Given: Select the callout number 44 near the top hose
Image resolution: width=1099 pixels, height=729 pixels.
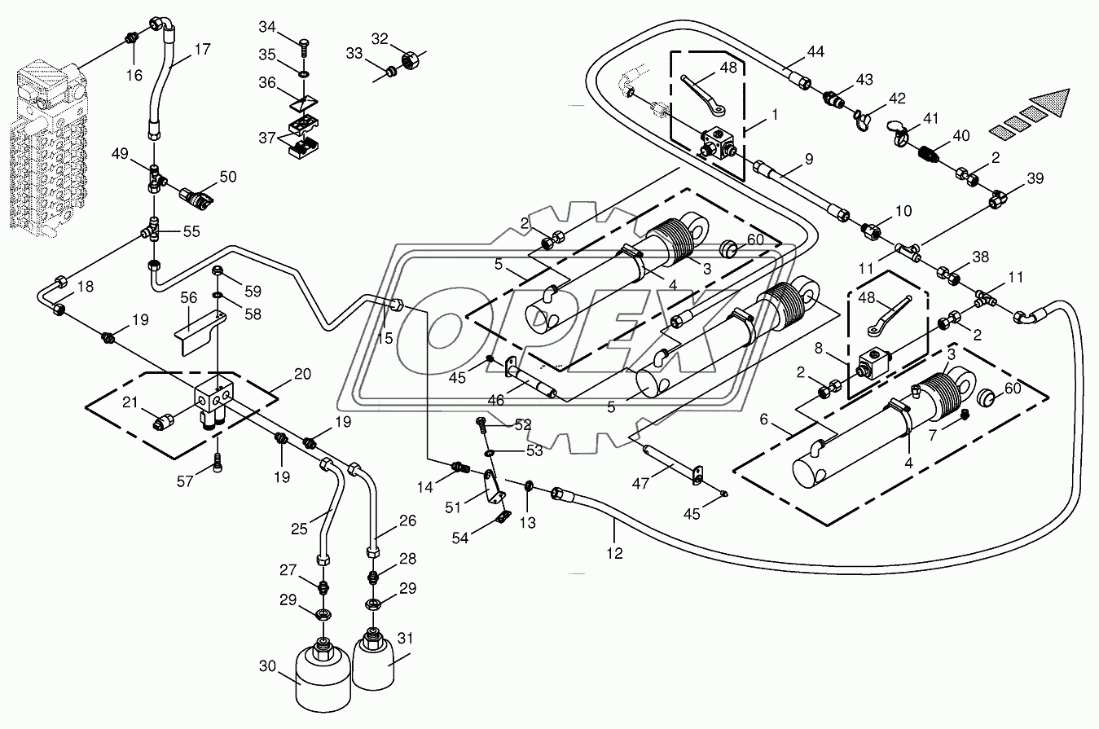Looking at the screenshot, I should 815,51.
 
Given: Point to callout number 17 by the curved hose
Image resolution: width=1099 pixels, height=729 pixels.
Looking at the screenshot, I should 202,49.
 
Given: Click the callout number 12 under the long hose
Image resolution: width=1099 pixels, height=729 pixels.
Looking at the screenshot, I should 614,553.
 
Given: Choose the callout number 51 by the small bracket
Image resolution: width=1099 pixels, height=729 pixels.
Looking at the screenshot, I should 454,507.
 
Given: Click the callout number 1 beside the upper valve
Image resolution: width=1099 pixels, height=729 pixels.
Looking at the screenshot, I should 774,116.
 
